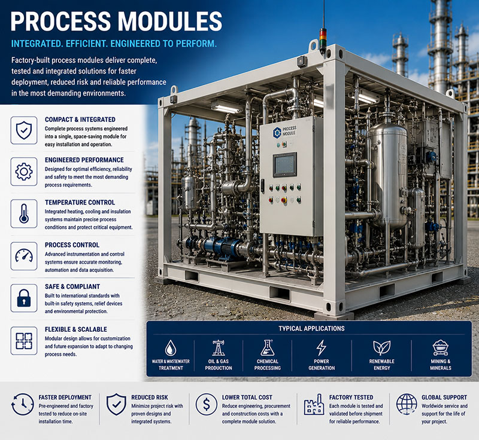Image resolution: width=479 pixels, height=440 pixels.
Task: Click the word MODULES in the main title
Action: pos(170,21)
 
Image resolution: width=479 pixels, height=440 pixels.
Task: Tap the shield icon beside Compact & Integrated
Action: pos(24,130)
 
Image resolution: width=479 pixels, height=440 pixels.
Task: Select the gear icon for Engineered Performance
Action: pos(24,172)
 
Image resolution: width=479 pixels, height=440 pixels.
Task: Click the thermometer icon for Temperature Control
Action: pos(24,213)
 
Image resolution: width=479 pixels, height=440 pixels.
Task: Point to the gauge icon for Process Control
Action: pos(24,255)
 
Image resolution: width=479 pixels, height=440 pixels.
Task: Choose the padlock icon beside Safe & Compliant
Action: pos(24,298)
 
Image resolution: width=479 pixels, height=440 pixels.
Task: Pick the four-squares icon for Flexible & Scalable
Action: pos(24,341)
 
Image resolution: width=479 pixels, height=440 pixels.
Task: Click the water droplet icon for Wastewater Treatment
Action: pos(171,348)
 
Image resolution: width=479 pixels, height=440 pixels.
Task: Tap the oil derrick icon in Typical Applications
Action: pos(219,348)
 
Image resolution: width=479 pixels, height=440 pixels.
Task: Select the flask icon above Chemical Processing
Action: pos(267,348)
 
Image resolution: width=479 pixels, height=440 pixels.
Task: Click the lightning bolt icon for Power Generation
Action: pos(321,348)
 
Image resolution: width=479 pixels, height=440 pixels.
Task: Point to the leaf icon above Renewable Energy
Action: pos(381,348)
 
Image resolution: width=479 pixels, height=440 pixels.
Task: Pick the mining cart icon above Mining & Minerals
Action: pos(440,348)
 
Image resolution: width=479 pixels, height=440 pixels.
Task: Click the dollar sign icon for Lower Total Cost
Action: pos(207,404)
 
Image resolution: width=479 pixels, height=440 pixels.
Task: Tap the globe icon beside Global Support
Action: pos(407,404)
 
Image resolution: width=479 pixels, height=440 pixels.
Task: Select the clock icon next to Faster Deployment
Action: pos(23,404)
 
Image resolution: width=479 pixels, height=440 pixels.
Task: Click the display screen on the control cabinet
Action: pos(285,164)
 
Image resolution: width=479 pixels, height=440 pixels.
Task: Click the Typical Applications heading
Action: pos(311,328)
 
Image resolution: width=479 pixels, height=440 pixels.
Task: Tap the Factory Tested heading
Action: pos(351,398)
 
